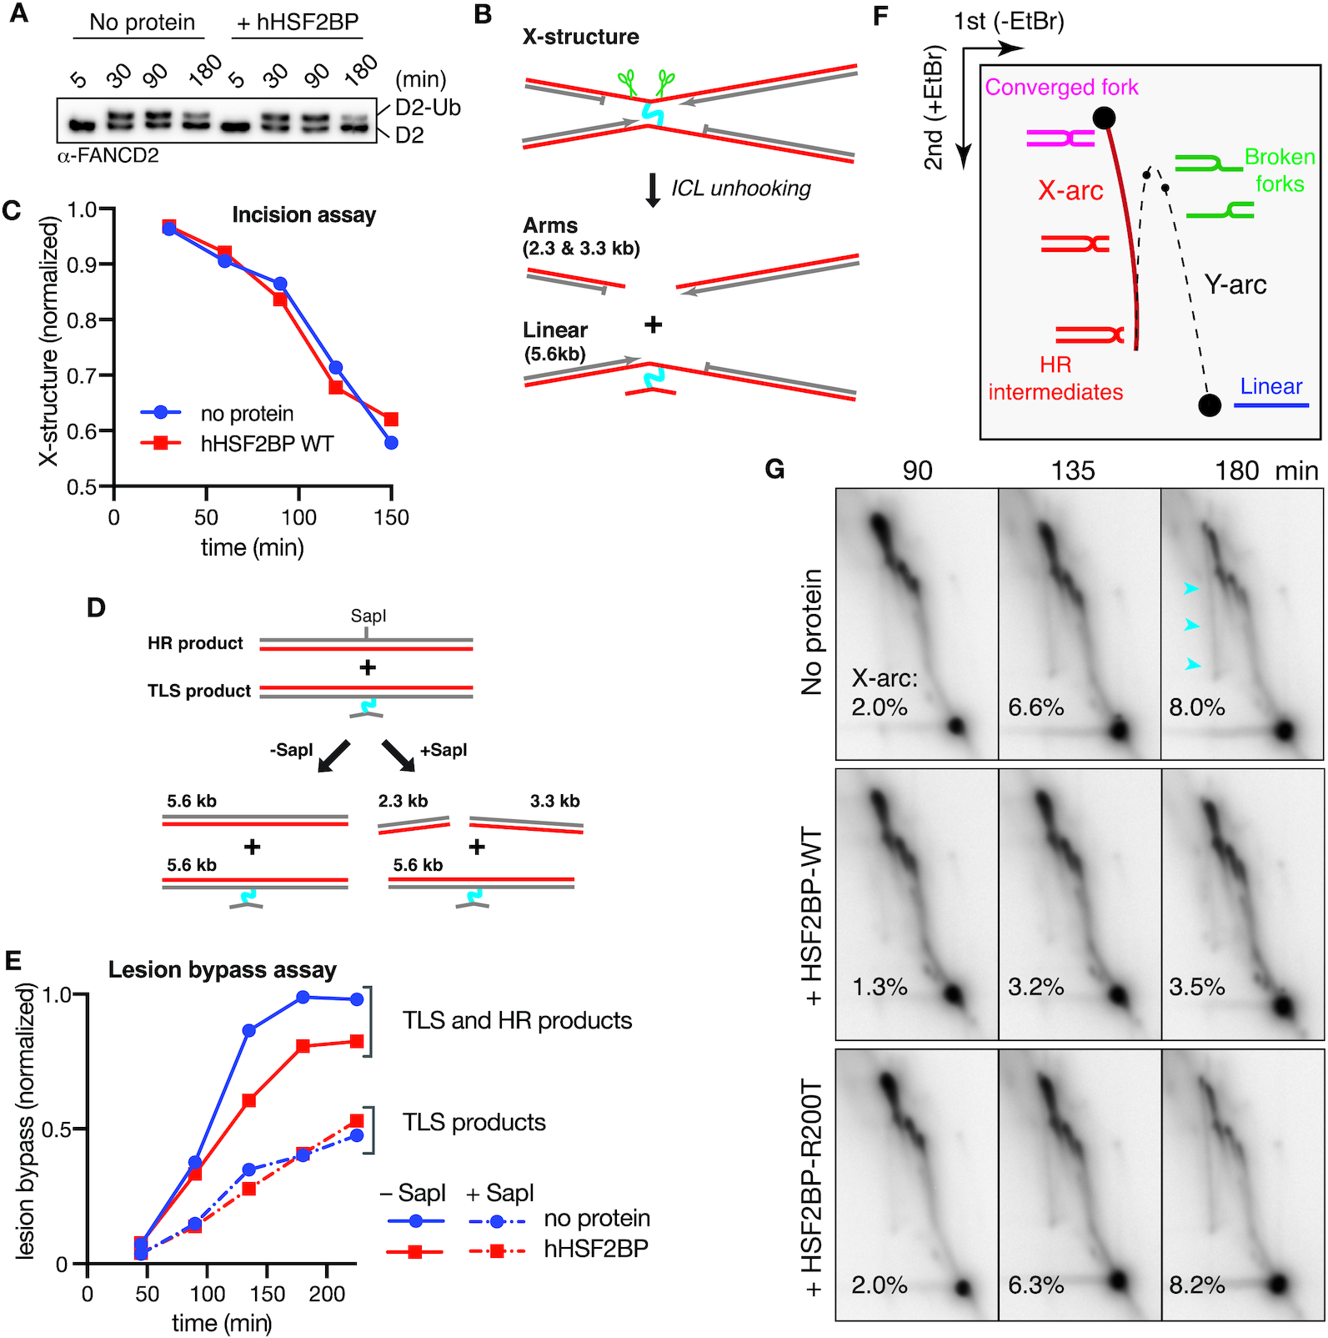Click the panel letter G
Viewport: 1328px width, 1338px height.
click(x=774, y=470)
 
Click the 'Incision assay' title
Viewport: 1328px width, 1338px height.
click(x=303, y=215)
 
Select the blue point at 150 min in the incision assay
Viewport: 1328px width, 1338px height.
click(x=391, y=443)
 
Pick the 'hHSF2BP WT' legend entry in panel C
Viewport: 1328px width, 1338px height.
click(x=267, y=444)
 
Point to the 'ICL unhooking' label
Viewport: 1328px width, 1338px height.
click(x=741, y=189)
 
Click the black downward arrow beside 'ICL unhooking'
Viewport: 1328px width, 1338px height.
click(x=654, y=190)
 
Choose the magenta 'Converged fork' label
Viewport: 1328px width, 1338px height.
click(x=1061, y=88)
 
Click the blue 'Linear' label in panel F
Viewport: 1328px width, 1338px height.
click(x=1270, y=387)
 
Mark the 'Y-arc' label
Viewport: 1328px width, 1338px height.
click(x=1235, y=285)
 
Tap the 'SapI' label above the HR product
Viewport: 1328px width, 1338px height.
click(x=368, y=616)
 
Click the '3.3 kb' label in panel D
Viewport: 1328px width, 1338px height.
click(x=554, y=802)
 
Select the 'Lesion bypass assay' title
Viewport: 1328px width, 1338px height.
click(x=223, y=970)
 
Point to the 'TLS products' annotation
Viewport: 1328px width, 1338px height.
click(x=474, y=1123)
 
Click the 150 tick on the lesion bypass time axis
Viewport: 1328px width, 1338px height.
click(x=267, y=1294)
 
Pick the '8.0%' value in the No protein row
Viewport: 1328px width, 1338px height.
click(x=1196, y=707)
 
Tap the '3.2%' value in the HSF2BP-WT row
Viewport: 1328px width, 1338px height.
click(x=1035, y=987)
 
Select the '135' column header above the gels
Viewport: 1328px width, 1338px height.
click(x=1072, y=471)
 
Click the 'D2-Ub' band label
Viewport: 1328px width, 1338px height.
click(x=428, y=108)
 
